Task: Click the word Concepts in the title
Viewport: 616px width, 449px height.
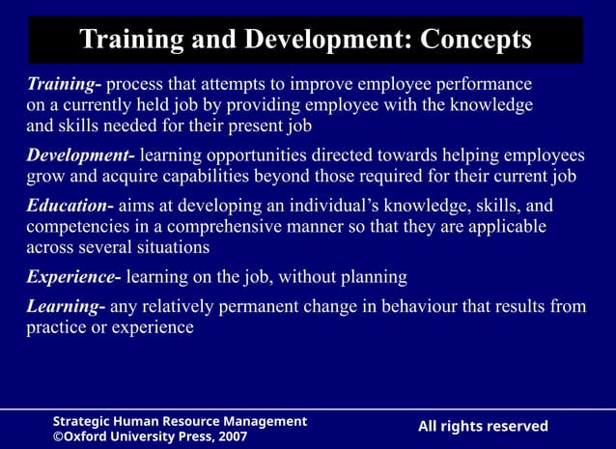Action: [470, 40]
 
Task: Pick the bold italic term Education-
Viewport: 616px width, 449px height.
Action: [70, 206]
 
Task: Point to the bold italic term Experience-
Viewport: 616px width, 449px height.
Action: [73, 277]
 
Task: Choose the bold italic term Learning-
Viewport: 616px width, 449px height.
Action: [66, 307]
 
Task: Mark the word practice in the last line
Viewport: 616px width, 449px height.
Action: [57, 327]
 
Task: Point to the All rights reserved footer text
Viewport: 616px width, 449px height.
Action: [483, 427]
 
